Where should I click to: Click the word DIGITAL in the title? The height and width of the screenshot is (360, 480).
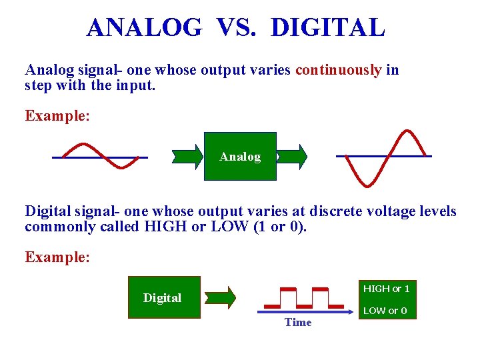click(328, 27)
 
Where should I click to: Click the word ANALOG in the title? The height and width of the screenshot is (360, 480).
click(143, 27)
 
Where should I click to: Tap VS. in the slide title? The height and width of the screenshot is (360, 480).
click(237, 27)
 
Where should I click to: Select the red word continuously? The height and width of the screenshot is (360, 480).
click(339, 70)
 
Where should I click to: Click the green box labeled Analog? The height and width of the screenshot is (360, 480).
click(240, 157)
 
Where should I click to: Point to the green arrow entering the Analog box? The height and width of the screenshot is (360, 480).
click(187, 157)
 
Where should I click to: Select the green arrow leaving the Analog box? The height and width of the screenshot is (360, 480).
click(292, 157)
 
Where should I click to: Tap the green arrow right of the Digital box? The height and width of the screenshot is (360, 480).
click(220, 297)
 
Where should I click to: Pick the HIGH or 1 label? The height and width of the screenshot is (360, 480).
click(386, 289)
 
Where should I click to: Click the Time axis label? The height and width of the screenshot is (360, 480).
click(297, 323)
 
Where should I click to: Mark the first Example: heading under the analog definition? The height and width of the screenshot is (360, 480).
click(57, 115)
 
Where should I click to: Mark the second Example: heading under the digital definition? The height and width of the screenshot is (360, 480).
click(57, 257)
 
